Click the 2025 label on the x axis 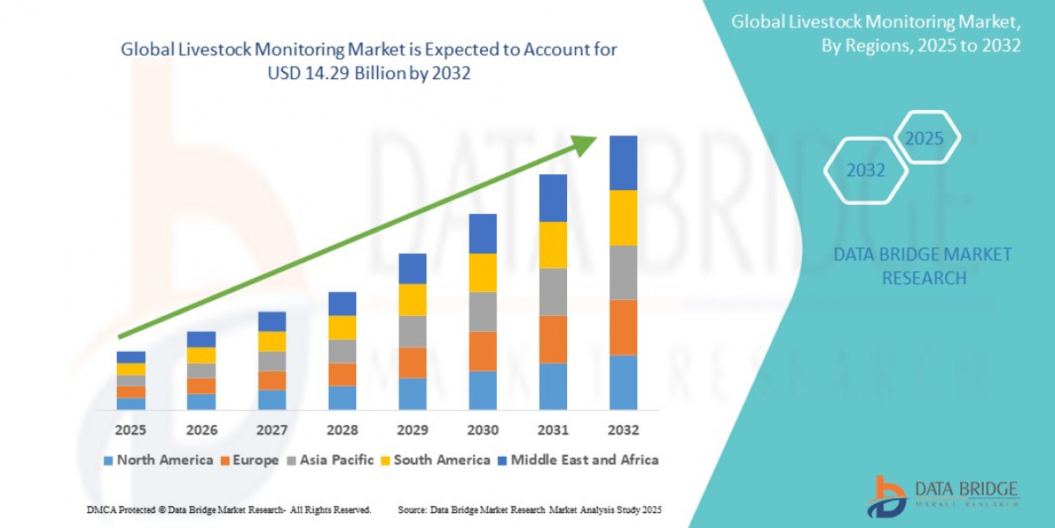point(131,430)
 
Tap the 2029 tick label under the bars point(412,430)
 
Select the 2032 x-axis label point(623,430)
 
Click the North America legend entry point(158,460)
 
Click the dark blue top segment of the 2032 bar point(623,163)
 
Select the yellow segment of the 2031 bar point(553,245)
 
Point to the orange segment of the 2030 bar point(483,351)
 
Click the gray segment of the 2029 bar point(412,332)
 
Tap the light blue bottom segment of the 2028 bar point(342,398)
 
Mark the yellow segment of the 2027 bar point(272,341)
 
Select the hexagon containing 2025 point(924,139)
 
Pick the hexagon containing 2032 point(866,171)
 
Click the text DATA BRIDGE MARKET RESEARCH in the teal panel point(923,266)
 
